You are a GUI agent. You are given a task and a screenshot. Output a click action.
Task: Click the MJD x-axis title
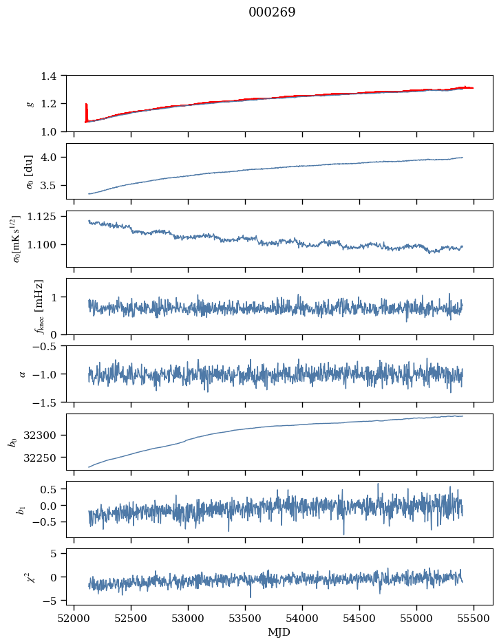[279, 632]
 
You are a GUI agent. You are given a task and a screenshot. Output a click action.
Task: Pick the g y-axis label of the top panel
[29, 103]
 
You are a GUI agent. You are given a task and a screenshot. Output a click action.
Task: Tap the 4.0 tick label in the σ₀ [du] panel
[53, 158]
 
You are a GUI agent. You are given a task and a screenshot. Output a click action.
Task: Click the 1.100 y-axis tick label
[47, 245]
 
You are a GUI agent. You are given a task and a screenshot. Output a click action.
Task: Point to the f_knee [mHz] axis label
[39, 306]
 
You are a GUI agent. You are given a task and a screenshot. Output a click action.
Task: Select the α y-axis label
[22, 374]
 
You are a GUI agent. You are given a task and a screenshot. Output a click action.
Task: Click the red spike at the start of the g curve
[86, 110]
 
